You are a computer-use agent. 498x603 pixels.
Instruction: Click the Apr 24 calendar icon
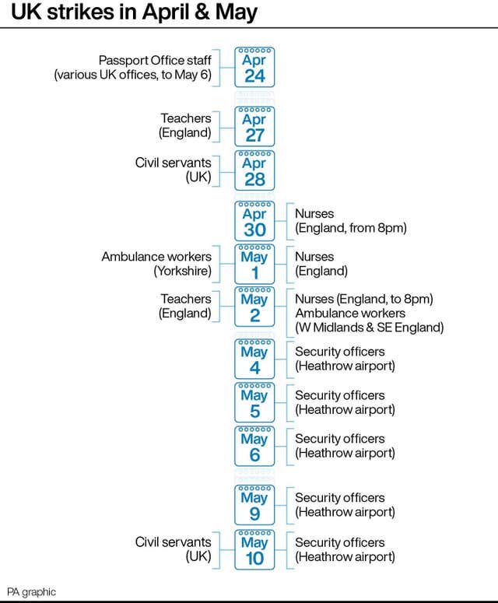254,67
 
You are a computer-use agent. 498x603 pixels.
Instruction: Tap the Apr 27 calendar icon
254,127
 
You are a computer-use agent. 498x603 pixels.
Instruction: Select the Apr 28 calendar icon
254,170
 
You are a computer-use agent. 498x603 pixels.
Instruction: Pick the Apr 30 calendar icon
254,221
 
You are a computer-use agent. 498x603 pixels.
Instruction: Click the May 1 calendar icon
254,265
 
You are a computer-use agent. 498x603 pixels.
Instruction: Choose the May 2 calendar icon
254,307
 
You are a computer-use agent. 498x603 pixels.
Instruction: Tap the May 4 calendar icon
254,359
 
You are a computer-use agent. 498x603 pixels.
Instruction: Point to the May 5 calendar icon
254,402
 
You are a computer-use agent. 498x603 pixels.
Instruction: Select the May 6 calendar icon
254,446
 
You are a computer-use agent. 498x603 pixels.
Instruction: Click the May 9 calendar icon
254,505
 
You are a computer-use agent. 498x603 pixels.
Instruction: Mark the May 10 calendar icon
254,549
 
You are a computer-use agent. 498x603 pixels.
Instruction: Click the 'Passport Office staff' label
155,61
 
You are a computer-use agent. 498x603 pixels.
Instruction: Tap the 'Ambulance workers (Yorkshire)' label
156,264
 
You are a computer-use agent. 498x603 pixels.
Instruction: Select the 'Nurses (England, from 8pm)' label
351,221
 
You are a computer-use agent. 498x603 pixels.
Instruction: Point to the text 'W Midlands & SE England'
369,328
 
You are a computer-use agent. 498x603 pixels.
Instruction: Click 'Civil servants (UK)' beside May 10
173,549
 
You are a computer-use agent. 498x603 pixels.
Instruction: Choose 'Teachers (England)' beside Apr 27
185,125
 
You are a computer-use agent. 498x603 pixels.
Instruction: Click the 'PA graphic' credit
32,592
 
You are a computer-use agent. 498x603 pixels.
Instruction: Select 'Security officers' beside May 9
340,498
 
